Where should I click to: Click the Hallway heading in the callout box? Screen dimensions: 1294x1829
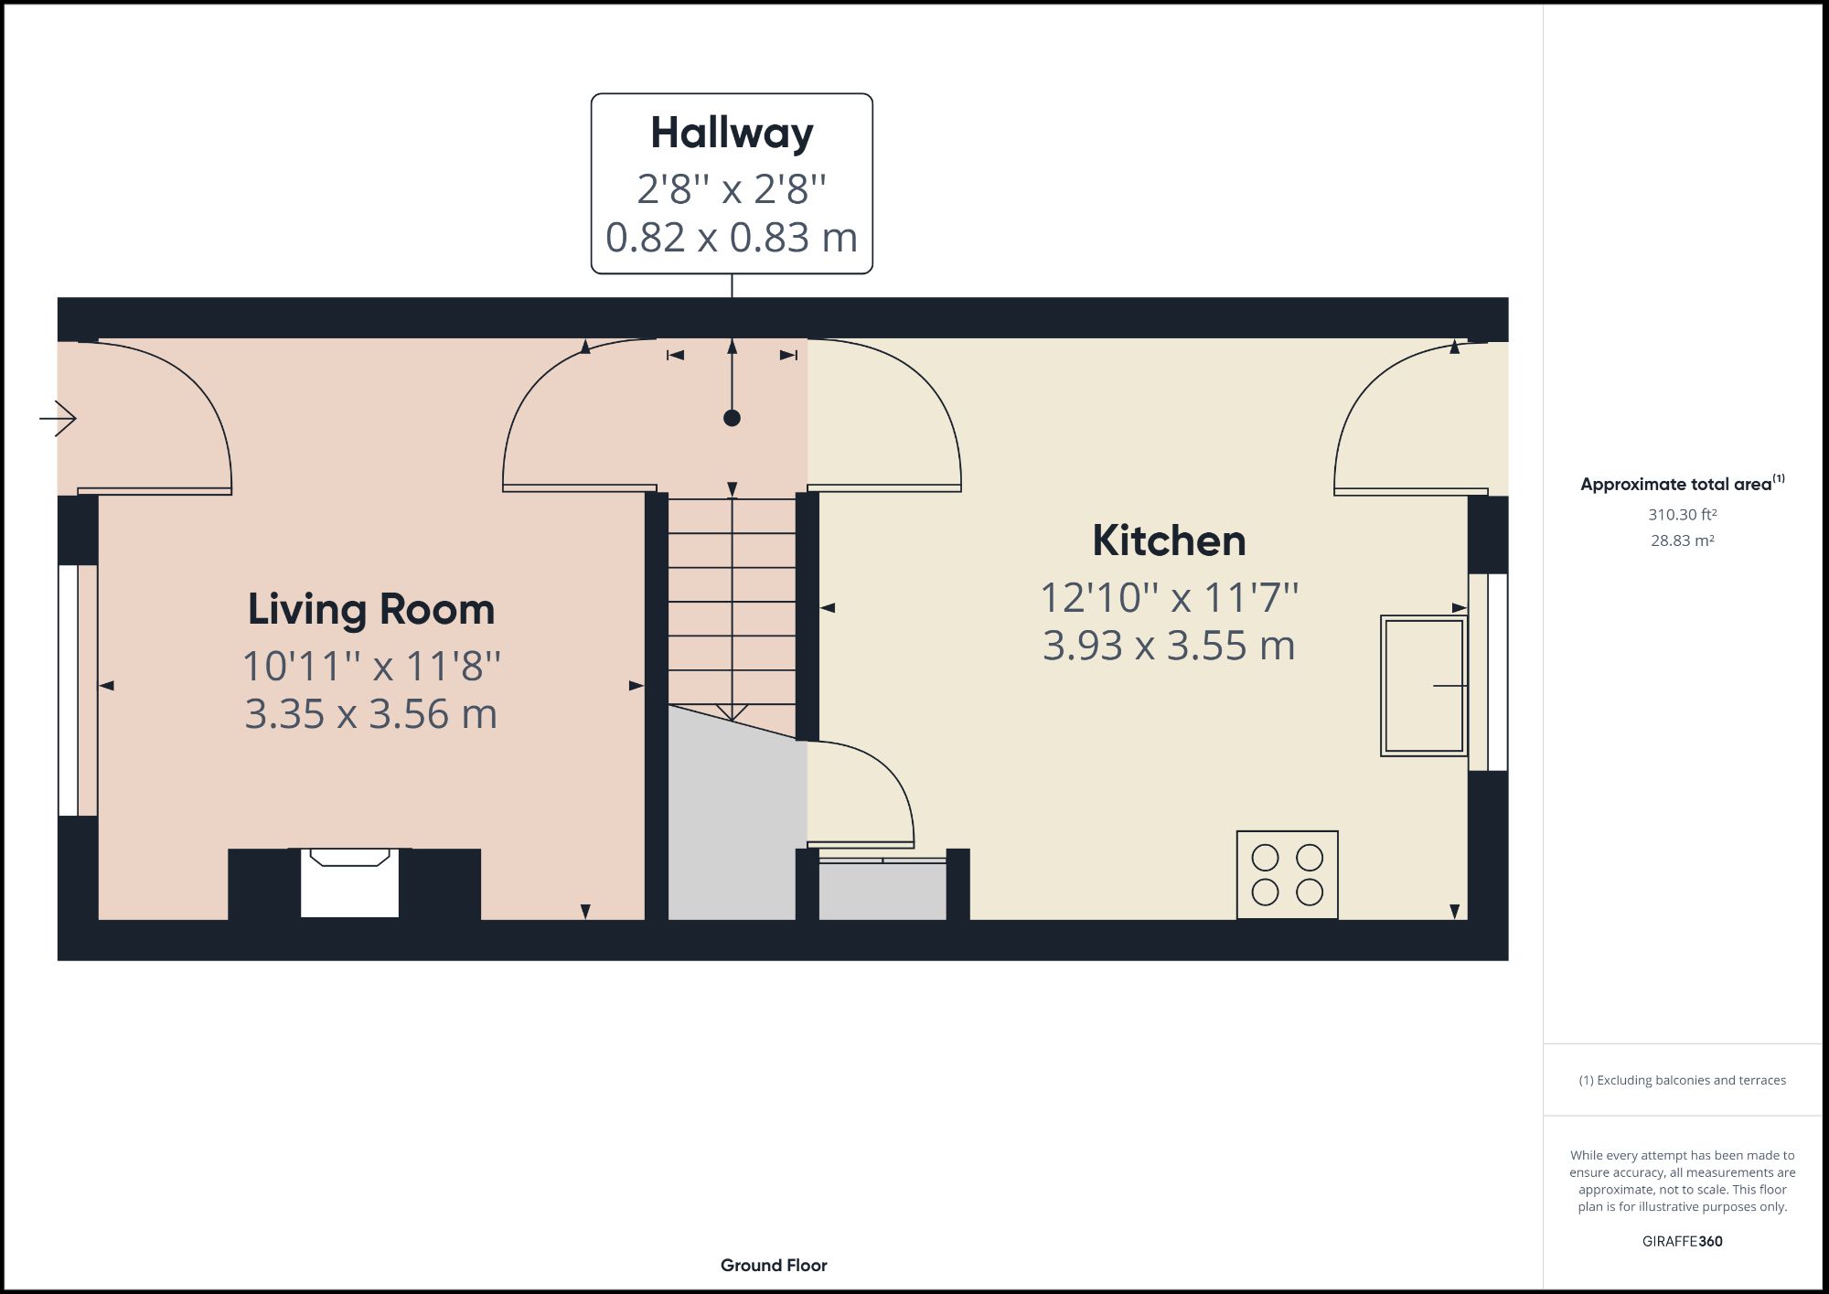click(x=732, y=134)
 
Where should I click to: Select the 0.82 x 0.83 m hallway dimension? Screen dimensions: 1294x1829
click(x=732, y=238)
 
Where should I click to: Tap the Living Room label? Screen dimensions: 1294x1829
click(x=371, y=610)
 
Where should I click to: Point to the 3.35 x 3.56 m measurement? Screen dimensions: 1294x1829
click(x=371, y=714)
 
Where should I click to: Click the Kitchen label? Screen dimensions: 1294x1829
click(x=1169, y=541)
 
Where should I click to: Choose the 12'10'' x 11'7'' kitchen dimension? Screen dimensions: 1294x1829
click(x=1169, y=598)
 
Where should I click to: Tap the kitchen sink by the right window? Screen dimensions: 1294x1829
click(x=1423, y=686)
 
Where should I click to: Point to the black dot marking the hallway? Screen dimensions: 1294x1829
click(x=732, y=418)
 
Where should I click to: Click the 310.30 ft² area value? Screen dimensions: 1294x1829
click(x=1682, y=515)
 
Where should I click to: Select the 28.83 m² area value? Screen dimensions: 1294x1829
click(x=1682, y=540)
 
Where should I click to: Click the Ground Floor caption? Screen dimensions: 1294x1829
click(x=774, y=1265)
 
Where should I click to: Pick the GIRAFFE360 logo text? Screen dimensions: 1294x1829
click(x=1682, y=1241)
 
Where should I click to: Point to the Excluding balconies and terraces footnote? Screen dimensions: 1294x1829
click(x=1682, y=1080)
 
